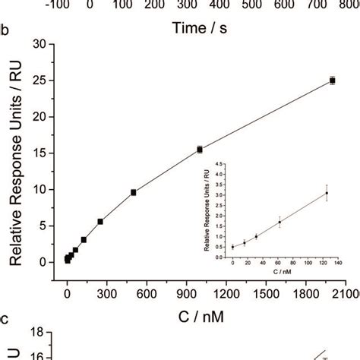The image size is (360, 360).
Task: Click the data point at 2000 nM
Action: pyautogui.click(x=332, y=80)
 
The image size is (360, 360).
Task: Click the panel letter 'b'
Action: pyautogui.click(x=5, y=33)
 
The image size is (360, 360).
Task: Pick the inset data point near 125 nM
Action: pyautogui.click(x=327, y=193)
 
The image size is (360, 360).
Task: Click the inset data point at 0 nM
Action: pyautogui.click(x=232, y=247)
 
